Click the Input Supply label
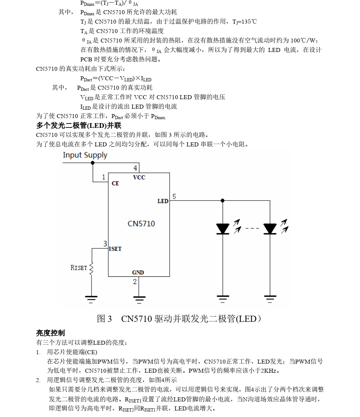tap(85, 155)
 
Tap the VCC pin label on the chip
tap(139, 178)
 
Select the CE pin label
tap(115, 183)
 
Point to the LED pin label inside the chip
tap(163, 201)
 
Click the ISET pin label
tap(115, 249)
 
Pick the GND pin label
tap(138, 272)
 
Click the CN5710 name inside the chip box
tap(141, 223)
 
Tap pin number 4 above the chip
tap(135, 168)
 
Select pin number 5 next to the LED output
tap(174, 197)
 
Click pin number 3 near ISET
tap(105, 244)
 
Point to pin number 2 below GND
tap(135, 282)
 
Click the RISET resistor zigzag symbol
tap(92, 268)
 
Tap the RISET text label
tap(79, 268)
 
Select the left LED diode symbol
tap(222, 229)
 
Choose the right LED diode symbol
tap(270, 229)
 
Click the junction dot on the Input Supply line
tap(93, 163)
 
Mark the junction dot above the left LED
tap(222, 200)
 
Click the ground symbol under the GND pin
tap(139, 299)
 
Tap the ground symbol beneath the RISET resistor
tap(92, 299)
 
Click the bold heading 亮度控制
tap(50, 333)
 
